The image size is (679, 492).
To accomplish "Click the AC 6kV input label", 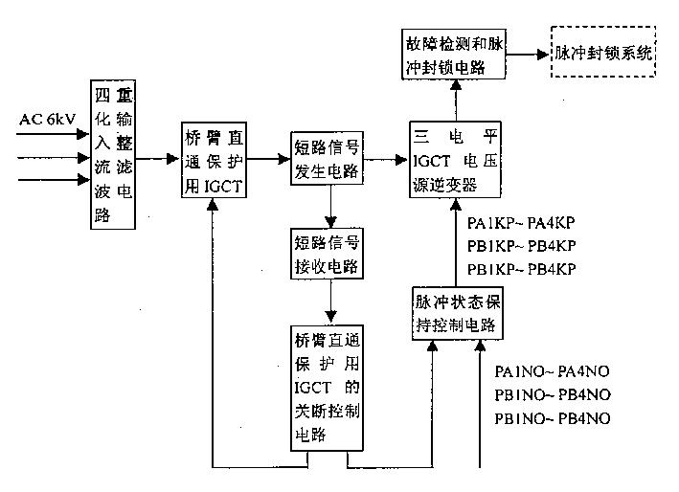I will (47, 119).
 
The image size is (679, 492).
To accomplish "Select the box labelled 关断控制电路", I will (328, 388).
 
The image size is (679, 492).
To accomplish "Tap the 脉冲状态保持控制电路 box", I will (458, 313).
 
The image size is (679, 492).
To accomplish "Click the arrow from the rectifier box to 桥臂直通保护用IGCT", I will (158, 160).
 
